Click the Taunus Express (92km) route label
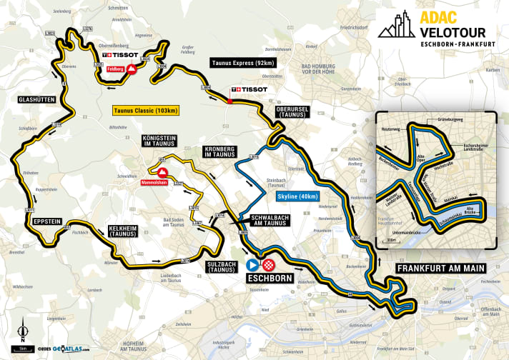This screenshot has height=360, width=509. coord(243,63)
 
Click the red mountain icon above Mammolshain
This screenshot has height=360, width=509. coord(163,173)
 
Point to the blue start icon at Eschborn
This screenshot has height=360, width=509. coord(252,264)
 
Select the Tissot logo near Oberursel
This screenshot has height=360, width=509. coord(249,90)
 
